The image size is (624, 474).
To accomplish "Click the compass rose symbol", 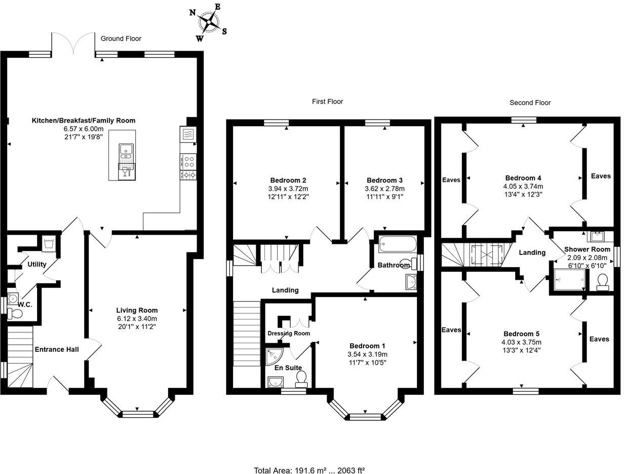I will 208,22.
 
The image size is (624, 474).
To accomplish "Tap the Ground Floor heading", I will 121,39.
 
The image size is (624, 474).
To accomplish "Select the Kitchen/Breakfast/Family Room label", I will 84,121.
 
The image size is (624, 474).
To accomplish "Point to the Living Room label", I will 137,310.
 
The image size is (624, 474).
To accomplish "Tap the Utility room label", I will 37,264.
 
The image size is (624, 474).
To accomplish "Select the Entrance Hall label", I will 57,349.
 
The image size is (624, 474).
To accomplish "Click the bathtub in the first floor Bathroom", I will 398,245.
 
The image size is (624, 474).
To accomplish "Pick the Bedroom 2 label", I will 288,180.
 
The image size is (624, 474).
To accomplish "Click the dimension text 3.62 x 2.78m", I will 384,189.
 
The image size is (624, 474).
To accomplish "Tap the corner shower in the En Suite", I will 274,356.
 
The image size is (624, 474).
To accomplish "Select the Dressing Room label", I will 289,333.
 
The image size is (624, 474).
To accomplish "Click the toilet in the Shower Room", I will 603,282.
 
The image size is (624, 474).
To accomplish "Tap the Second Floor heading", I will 530,102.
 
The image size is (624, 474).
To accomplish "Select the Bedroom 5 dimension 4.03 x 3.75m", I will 521,342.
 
